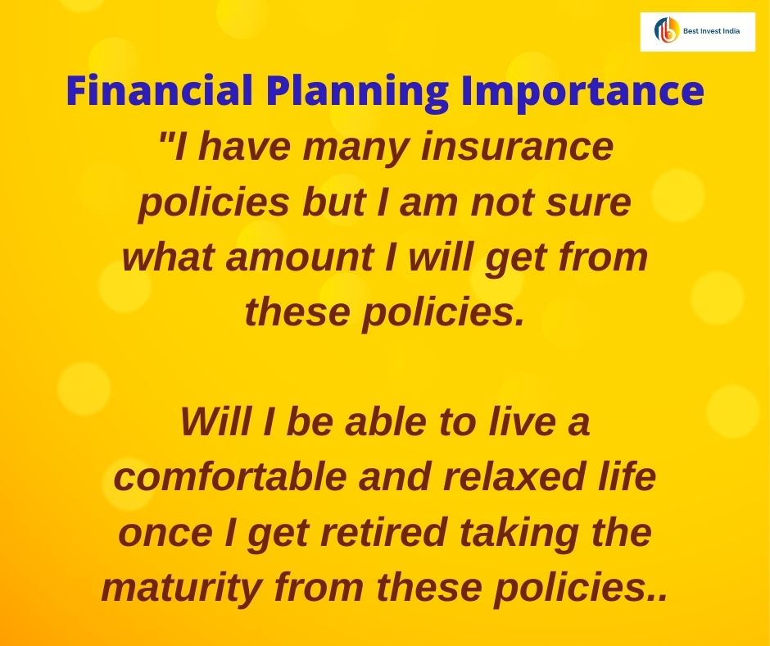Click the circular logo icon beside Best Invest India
(666, 30)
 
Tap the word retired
(378, 533)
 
